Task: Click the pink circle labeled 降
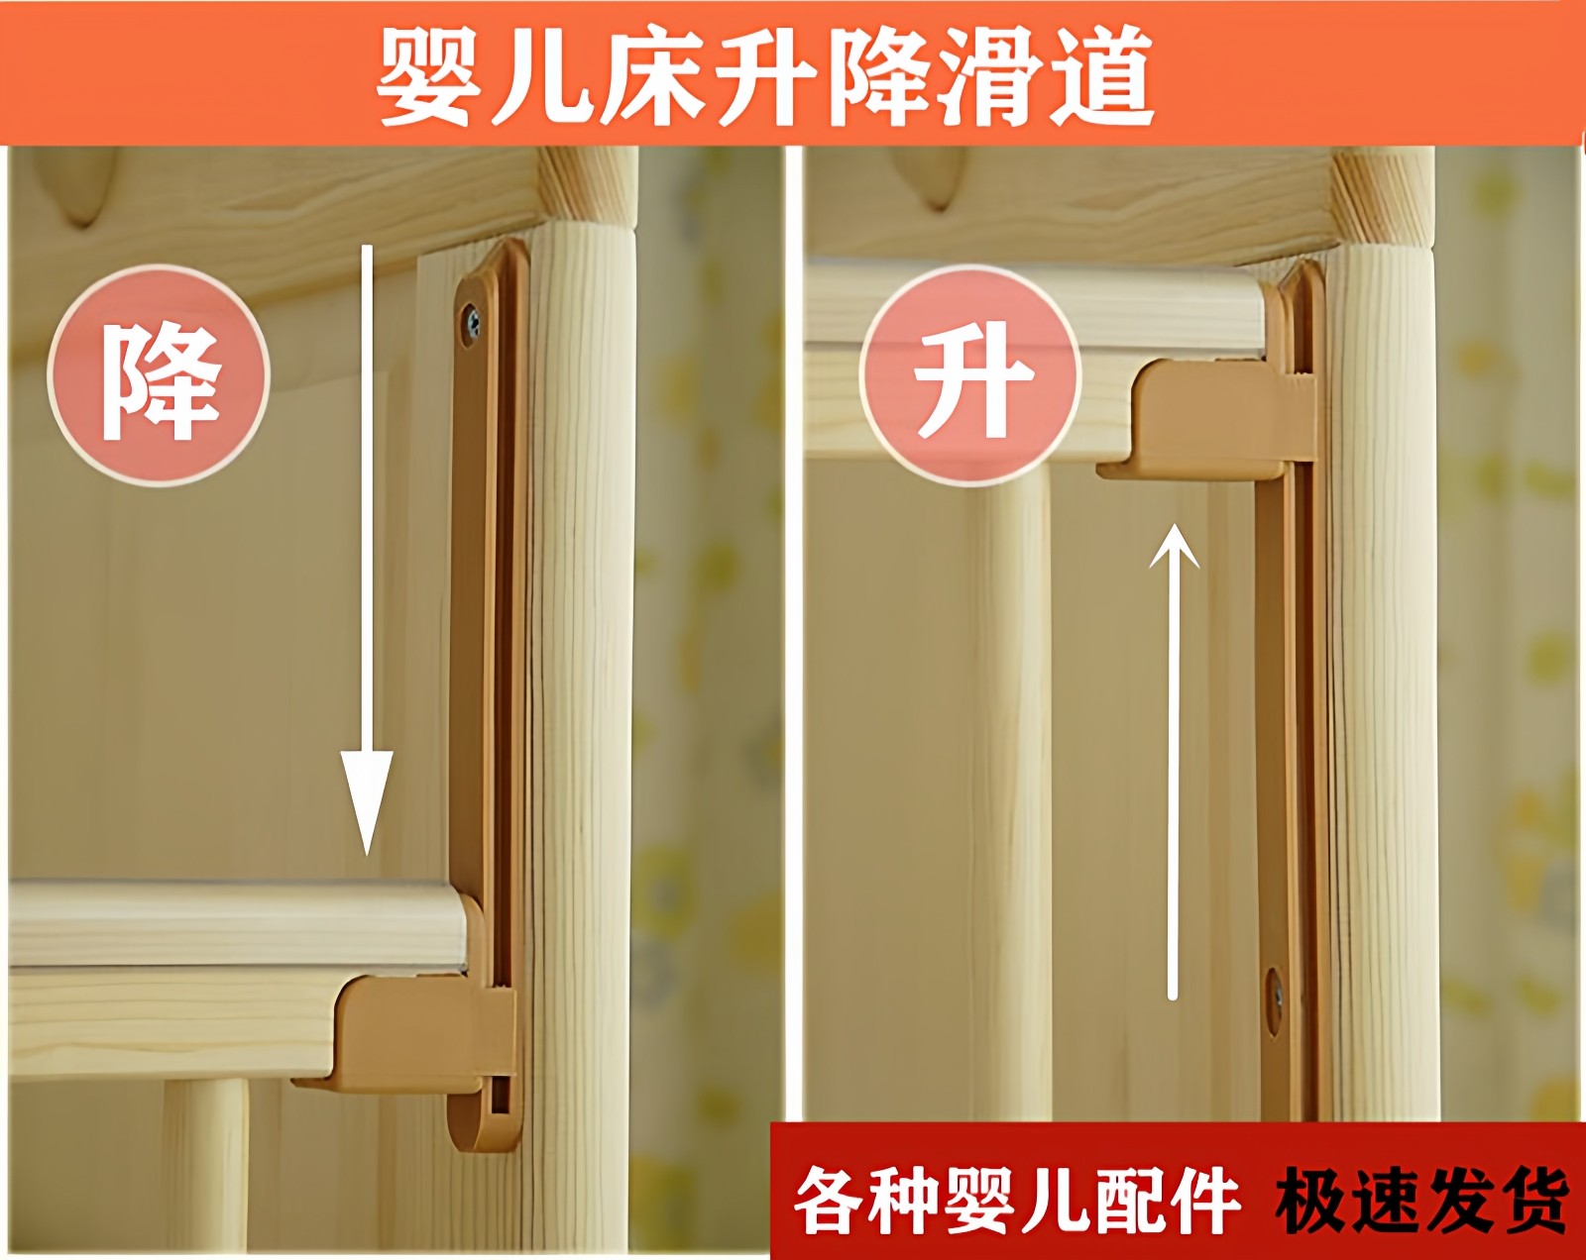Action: (159, 376)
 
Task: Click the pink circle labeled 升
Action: (969, 376)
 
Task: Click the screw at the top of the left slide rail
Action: (473, 321)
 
